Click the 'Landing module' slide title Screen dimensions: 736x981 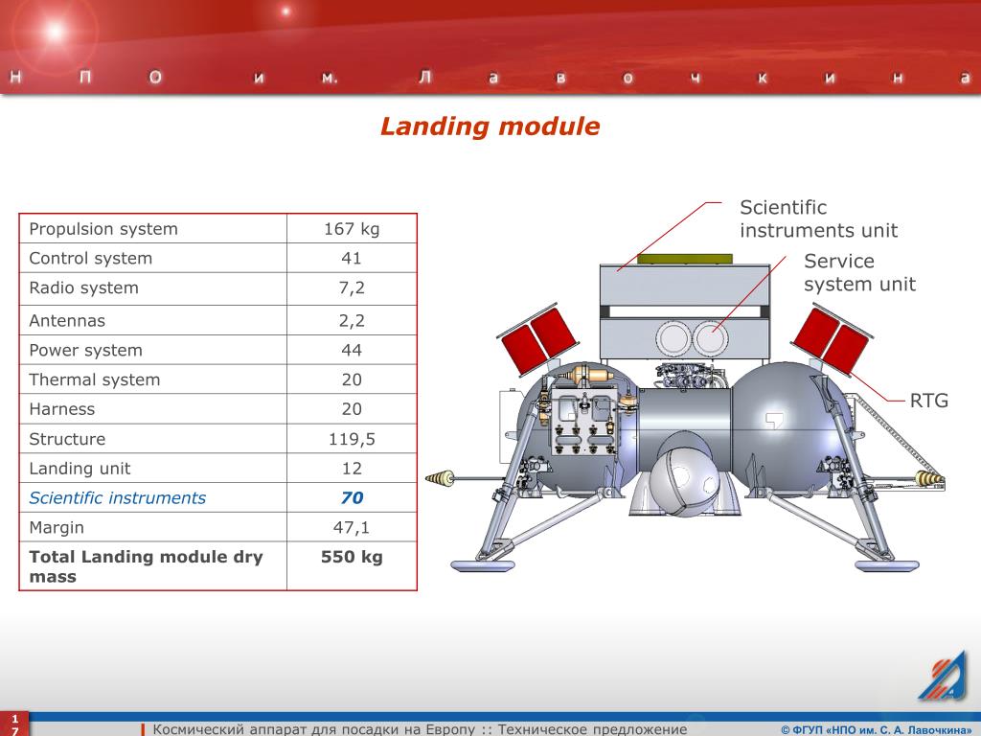click(490, 126)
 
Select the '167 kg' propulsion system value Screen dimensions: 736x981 click(352, 229)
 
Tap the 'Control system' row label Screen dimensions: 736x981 click(90, 258)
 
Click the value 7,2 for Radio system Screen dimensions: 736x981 click(352, 287)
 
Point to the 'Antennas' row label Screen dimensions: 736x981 click(67, 320)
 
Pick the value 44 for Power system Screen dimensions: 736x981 click(352, 350)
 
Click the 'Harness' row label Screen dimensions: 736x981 click(62, 409)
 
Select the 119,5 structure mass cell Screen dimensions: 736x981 click(352, 439)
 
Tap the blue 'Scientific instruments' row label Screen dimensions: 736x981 click(117, 497)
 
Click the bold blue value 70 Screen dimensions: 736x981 click(352, 498)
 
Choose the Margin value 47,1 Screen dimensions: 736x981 click(352, 527)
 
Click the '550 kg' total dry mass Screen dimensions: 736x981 click(352, 557)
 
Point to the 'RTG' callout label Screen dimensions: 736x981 click(928, 401)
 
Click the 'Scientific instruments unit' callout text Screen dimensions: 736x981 click(818, 218)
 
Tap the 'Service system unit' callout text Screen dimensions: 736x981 click(858, 272)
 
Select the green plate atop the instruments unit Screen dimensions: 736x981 click(685, 258)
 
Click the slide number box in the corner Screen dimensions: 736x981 click(14, 724)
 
